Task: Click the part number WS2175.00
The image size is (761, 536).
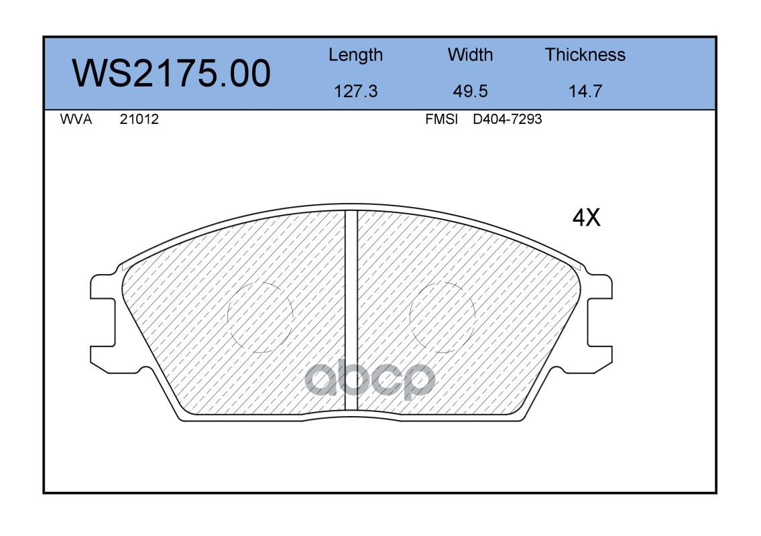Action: tap(172, 74)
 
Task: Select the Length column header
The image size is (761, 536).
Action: tap(356, 55)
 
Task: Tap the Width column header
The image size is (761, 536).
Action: tap(470, 54)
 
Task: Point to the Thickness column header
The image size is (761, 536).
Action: tap(585, 54)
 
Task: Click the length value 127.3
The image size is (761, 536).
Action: tap(356, 91)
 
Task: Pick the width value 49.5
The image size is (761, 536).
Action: tap(470, 91)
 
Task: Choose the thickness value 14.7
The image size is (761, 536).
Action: tap(585, 91)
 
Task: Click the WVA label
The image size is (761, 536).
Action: tap(76, 119)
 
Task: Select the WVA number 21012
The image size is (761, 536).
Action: tap(139, 119)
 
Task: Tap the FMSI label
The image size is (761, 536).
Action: tap(441, 119)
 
